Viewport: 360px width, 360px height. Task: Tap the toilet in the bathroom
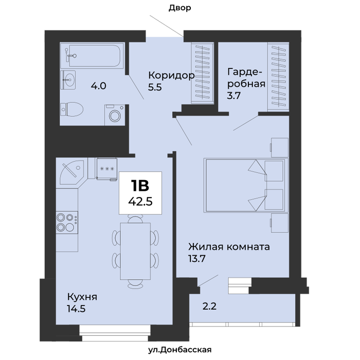tap(71, 109)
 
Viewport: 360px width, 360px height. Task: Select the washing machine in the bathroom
tap(115, 115)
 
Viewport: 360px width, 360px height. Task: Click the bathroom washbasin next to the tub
tap(68, 80)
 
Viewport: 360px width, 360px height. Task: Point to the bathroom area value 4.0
tap(99, 86)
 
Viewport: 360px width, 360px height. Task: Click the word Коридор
tap(171, 75)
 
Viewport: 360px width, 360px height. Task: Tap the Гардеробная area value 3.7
tap(233, 96)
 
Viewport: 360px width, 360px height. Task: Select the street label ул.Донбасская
tap(180, 350)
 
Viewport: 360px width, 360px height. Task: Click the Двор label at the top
tap(180, 8)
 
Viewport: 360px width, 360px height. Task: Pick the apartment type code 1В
tap(140, 186)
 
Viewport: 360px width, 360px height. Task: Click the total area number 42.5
tap(140, 202)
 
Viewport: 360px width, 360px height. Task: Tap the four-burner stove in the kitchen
tap(67, 223)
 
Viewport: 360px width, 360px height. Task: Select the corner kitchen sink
tap(71, 172)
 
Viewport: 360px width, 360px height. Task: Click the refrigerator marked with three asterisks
tap(107, 169)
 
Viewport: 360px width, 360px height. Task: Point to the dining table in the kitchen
tap(135, 251)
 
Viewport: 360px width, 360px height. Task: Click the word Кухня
tap(82, 297)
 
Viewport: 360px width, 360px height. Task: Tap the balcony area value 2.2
tap(209, 307)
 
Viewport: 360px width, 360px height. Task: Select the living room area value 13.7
tap(197, 259)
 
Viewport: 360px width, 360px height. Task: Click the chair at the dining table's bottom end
tap(135, 284)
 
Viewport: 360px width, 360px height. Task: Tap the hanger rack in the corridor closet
tap(202, 73)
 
